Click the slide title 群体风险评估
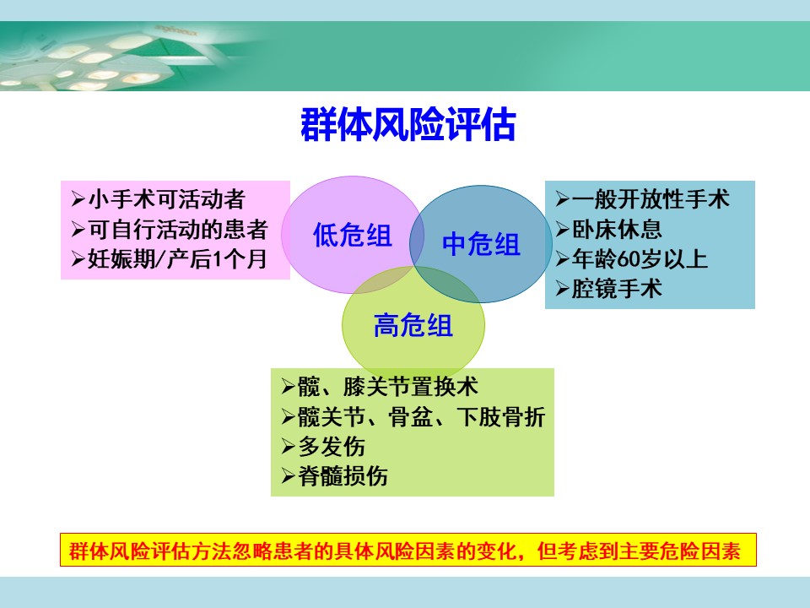[408, 125]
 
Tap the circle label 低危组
[353, 235]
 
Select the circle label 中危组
[481, 243]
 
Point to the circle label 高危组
[413, 325]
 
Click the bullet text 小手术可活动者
[166, 199]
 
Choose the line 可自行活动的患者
[178, 229]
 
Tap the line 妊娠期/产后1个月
[176, 259]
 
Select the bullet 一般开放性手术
[651, 199]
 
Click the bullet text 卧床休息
[617, 229]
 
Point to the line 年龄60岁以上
[640, 259]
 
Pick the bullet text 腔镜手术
[617, 289]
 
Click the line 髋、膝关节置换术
[388, 386]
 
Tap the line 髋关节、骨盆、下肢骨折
[422, 416]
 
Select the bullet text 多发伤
[332, 446]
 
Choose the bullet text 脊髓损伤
[343, 476]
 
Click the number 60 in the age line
[628, 259]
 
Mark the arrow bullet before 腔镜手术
[563, 289]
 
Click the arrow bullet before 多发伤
[289, 446]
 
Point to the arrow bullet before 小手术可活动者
[78, 199]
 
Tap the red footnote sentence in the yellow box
[405, 551]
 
